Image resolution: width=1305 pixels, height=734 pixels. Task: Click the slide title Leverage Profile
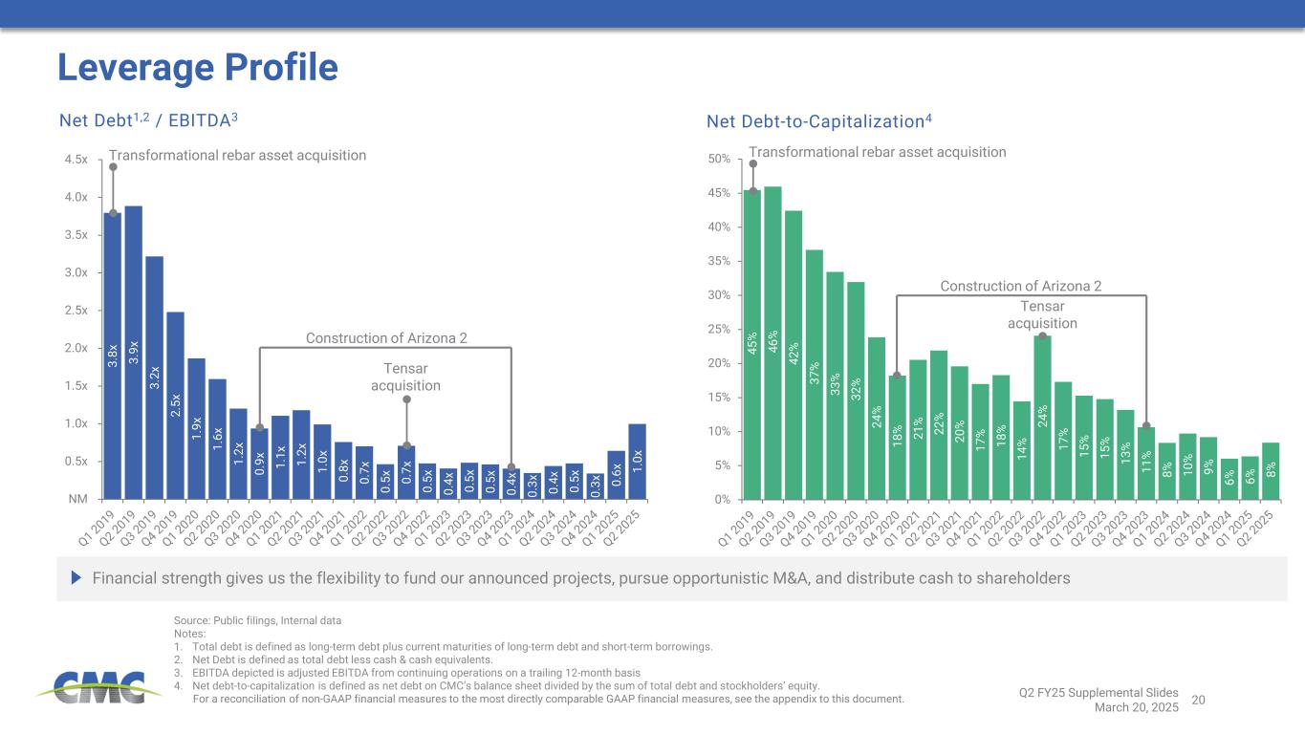tap(198, 67)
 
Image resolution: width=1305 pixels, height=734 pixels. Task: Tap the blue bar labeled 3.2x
tap(155, 378)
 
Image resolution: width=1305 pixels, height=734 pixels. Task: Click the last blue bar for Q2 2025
tap(637, 461)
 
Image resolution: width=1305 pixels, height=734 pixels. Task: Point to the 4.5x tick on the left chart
tap(75, 160)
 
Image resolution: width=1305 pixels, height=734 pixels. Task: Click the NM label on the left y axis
tap(77, 499)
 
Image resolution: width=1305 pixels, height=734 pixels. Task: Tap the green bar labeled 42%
tap(794, 355)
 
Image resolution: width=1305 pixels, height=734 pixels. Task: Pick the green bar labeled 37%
tap(815, 374)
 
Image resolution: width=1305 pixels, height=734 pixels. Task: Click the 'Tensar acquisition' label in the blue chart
tap(405, 378)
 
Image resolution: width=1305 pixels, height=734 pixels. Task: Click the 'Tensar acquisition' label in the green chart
tap(1042, 314)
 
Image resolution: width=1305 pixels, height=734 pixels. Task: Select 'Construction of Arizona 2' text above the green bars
tap(1020, 286)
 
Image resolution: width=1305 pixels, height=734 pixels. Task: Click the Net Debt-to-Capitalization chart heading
tap(818, 120)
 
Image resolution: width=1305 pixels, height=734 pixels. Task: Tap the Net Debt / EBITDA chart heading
tap(148, 120)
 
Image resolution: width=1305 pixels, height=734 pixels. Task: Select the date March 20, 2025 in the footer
tap(1137, 707)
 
